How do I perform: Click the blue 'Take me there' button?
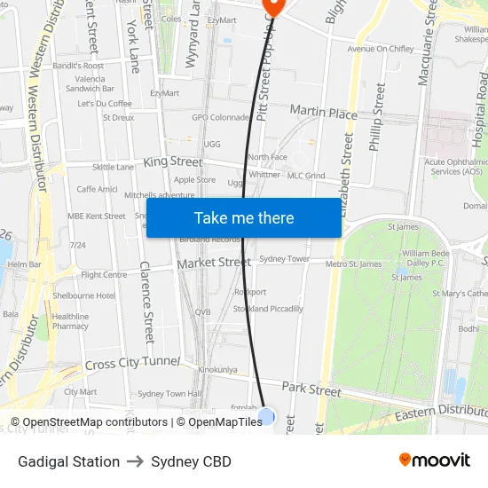pos(243,217)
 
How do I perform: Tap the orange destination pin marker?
pos(272,6)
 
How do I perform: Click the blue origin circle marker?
pos(266,416)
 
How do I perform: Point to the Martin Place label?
pos(324,113)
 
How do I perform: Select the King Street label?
pos(172,162)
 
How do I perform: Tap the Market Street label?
pos(214,263)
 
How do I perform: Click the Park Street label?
pos(311,390)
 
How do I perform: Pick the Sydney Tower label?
pos(284,259)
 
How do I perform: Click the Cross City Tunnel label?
pos(132,364)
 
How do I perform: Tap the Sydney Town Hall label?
pos(169,393)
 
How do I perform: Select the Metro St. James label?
pos(353,264)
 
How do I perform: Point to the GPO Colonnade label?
pos(221,117)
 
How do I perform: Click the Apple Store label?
pos(194,179)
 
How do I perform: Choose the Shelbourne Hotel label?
pos(83,295)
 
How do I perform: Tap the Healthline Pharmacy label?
pos(70,321)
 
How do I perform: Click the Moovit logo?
pos(434,460)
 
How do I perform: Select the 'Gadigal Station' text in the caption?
pos(68,461)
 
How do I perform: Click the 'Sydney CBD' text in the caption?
pos(191,461)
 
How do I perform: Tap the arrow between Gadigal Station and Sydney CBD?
pos(135,461)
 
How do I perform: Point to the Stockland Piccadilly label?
pos(268,309)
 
